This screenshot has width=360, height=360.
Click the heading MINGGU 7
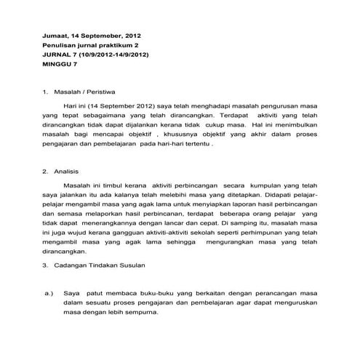click(60, 64)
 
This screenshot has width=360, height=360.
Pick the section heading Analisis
click(68, 172)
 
